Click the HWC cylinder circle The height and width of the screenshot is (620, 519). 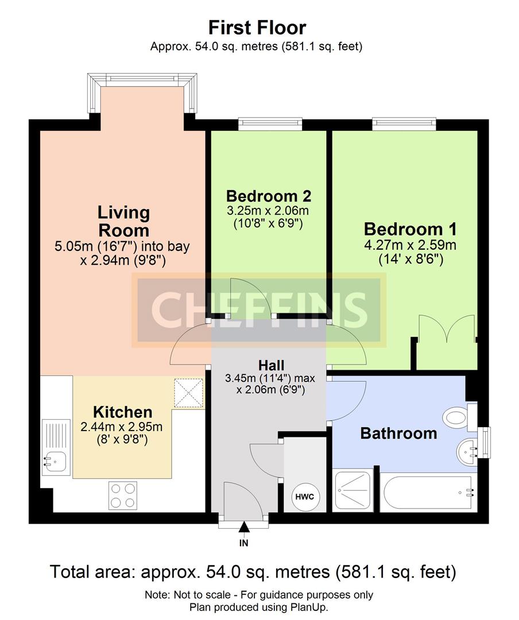point(305,496)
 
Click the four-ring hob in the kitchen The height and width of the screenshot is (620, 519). point(123,495)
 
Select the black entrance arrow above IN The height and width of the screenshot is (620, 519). point(244,527)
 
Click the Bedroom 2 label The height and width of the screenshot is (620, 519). point(269,196)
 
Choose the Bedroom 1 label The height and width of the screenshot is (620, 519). point(410,229)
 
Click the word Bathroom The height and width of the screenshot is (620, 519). point(398,433)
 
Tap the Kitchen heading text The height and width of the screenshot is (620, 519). point(123,412)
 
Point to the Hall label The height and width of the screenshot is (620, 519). point(272,365)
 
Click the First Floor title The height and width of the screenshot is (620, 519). point(257,28)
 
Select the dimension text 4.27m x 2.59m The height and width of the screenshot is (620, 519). point(410,245)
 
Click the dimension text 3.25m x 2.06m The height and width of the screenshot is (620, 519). point(268,210)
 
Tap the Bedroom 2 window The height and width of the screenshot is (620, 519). point(270,124)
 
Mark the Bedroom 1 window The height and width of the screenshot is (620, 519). point(404,124)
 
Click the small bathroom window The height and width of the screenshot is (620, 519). point(484,443)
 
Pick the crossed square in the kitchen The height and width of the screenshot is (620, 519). point(189,393)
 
